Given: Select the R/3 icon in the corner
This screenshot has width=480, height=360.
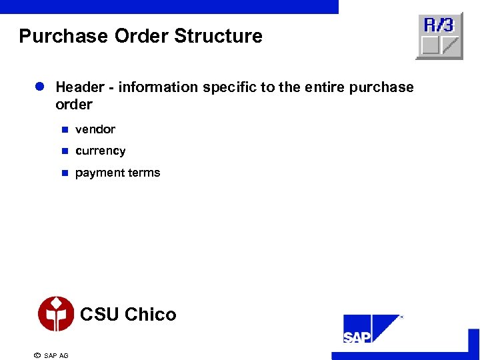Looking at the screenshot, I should point(439,36).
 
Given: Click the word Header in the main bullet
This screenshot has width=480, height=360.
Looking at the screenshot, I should point(80,87).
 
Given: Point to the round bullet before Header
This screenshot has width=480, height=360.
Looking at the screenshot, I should point(39,87).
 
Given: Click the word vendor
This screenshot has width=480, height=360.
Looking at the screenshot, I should point(95,129).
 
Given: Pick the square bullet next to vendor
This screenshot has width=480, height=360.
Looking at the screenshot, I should point(65,129).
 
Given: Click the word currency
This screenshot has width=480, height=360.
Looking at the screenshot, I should point(101,151).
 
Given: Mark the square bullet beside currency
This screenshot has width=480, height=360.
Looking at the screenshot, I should point(65,151).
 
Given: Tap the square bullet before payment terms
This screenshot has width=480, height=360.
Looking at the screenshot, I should point(65,173).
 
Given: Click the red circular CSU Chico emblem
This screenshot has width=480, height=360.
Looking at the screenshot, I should point(56,314).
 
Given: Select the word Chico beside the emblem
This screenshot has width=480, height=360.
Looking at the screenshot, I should point(151,315).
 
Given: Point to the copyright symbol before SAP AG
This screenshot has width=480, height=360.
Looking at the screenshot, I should point(37,355).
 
